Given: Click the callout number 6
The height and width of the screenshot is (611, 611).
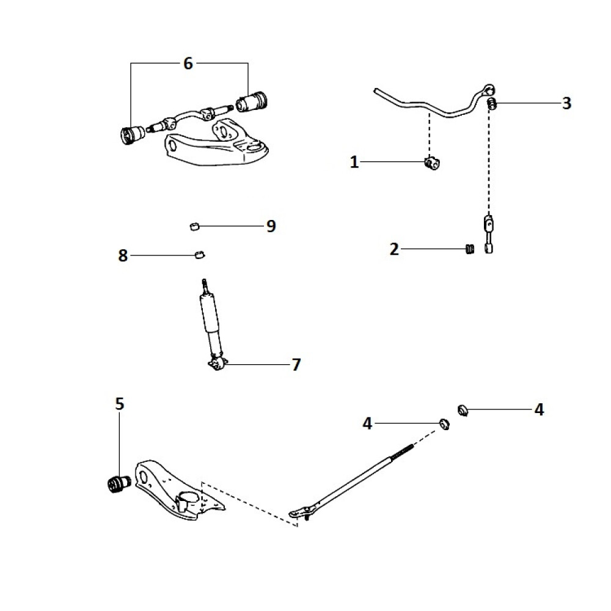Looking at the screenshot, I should coord(188,63).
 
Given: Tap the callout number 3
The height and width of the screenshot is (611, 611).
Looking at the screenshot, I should coord(566,103).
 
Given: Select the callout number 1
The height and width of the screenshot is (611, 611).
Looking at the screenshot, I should coord(354,162).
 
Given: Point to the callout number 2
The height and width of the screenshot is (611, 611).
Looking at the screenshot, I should coord(394,249).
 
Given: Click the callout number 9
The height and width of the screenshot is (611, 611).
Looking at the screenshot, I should coord(271,226).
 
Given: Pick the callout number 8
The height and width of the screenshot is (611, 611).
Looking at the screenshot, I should coord(123,255).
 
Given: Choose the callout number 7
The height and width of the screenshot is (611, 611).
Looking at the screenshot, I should coord(296,365).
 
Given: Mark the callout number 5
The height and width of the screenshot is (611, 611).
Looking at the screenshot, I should coord(119,403).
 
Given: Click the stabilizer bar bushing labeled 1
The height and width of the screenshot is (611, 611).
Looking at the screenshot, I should coord(433,163).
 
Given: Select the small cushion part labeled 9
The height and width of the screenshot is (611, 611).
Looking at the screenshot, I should coord(194,227).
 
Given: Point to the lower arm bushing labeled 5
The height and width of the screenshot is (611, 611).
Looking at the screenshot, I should coord(117,484).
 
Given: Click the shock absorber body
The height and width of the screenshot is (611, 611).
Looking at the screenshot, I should coord(208,315).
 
